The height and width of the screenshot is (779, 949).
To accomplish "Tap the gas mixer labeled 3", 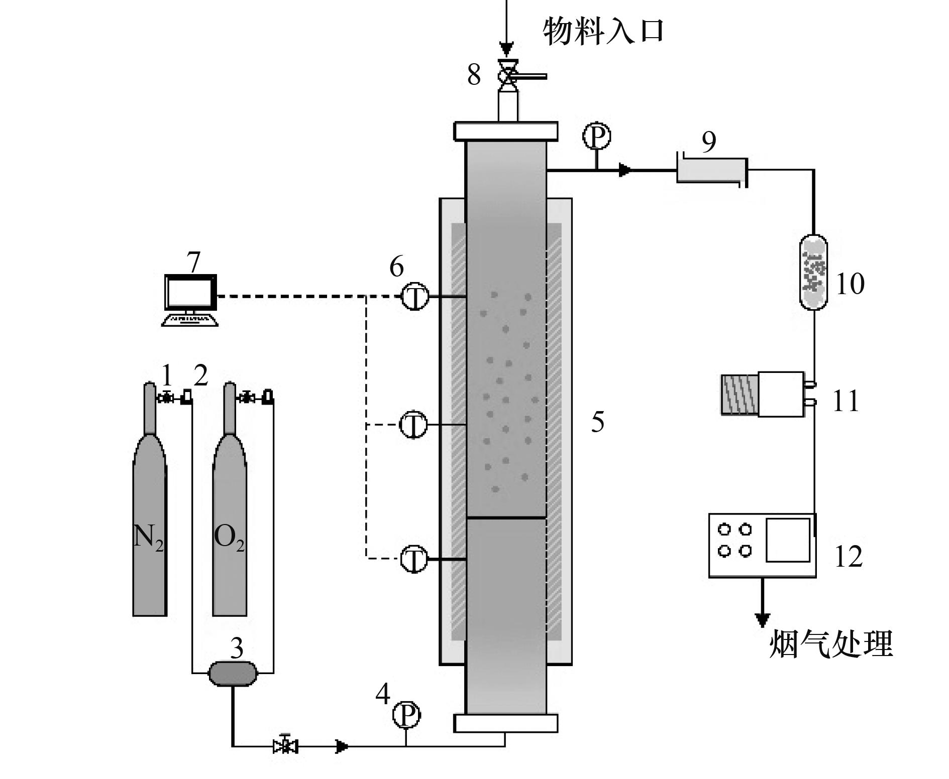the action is [x=233, y=673].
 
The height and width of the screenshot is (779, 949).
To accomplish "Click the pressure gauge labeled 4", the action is [x=406, y=715].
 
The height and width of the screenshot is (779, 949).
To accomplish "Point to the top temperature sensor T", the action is [x=414, y=297].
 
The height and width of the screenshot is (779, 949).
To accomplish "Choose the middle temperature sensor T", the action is [x=413, y=425].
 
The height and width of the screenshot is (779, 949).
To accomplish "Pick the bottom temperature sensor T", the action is [x=414, y=558].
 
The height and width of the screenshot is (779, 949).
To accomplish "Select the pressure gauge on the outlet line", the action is [x=596, y=136].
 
